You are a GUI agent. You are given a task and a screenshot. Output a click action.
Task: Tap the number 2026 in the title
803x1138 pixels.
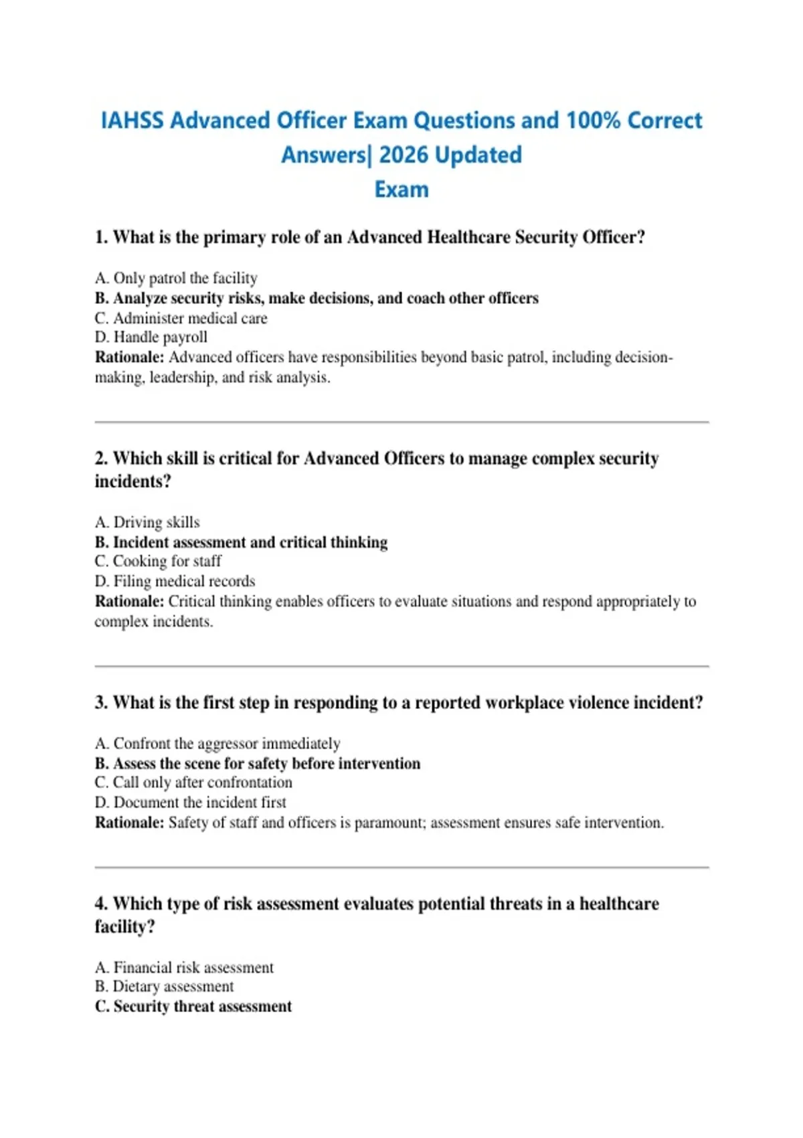pyautogui.click(x=404, y=155)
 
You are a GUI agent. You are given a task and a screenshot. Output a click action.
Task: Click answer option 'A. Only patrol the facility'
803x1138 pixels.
pyautogui.click(x=176, y=278)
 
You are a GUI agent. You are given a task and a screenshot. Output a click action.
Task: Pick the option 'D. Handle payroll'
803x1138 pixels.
pyautogui.click(x=151, y=337)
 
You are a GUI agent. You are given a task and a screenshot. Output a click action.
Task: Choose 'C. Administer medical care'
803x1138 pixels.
pyautogui.click(x=181, y=318)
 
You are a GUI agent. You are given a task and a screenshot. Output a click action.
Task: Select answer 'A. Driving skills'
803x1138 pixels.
pyautogui.click(x=147, y=522)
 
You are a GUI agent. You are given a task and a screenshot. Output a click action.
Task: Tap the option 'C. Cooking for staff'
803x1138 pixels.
pyautogui.click(x=158, y=561)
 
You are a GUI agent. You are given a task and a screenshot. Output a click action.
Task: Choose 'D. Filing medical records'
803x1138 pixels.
pyautogui.click(x=175, y=581)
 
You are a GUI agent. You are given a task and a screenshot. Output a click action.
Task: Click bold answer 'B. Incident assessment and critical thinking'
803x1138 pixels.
pyautogui.click(x=241, y=542)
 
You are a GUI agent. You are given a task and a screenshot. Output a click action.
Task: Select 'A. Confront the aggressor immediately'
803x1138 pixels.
pyautogui.click(x=217, y=744)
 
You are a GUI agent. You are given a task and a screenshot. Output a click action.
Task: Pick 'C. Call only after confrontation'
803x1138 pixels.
pyautogui.click(x=193, y=783)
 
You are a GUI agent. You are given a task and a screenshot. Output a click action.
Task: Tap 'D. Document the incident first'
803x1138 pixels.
pyautogui.click(x=191, y=803)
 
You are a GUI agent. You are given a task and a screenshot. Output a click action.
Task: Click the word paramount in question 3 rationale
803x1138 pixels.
pyautogui.click(x=389, y=823)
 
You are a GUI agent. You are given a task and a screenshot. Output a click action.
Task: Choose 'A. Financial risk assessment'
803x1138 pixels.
pyautogui.click(x=184, y=967)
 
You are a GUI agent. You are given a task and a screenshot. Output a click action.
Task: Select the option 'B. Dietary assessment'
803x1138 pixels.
pyautogui.click(x=165, y=987)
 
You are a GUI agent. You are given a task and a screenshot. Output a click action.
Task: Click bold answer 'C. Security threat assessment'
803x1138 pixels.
pyautogui.click(x=193, y=1007)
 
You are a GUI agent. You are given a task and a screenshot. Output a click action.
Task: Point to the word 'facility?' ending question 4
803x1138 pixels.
pyautogui.click(x=124, y=927)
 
